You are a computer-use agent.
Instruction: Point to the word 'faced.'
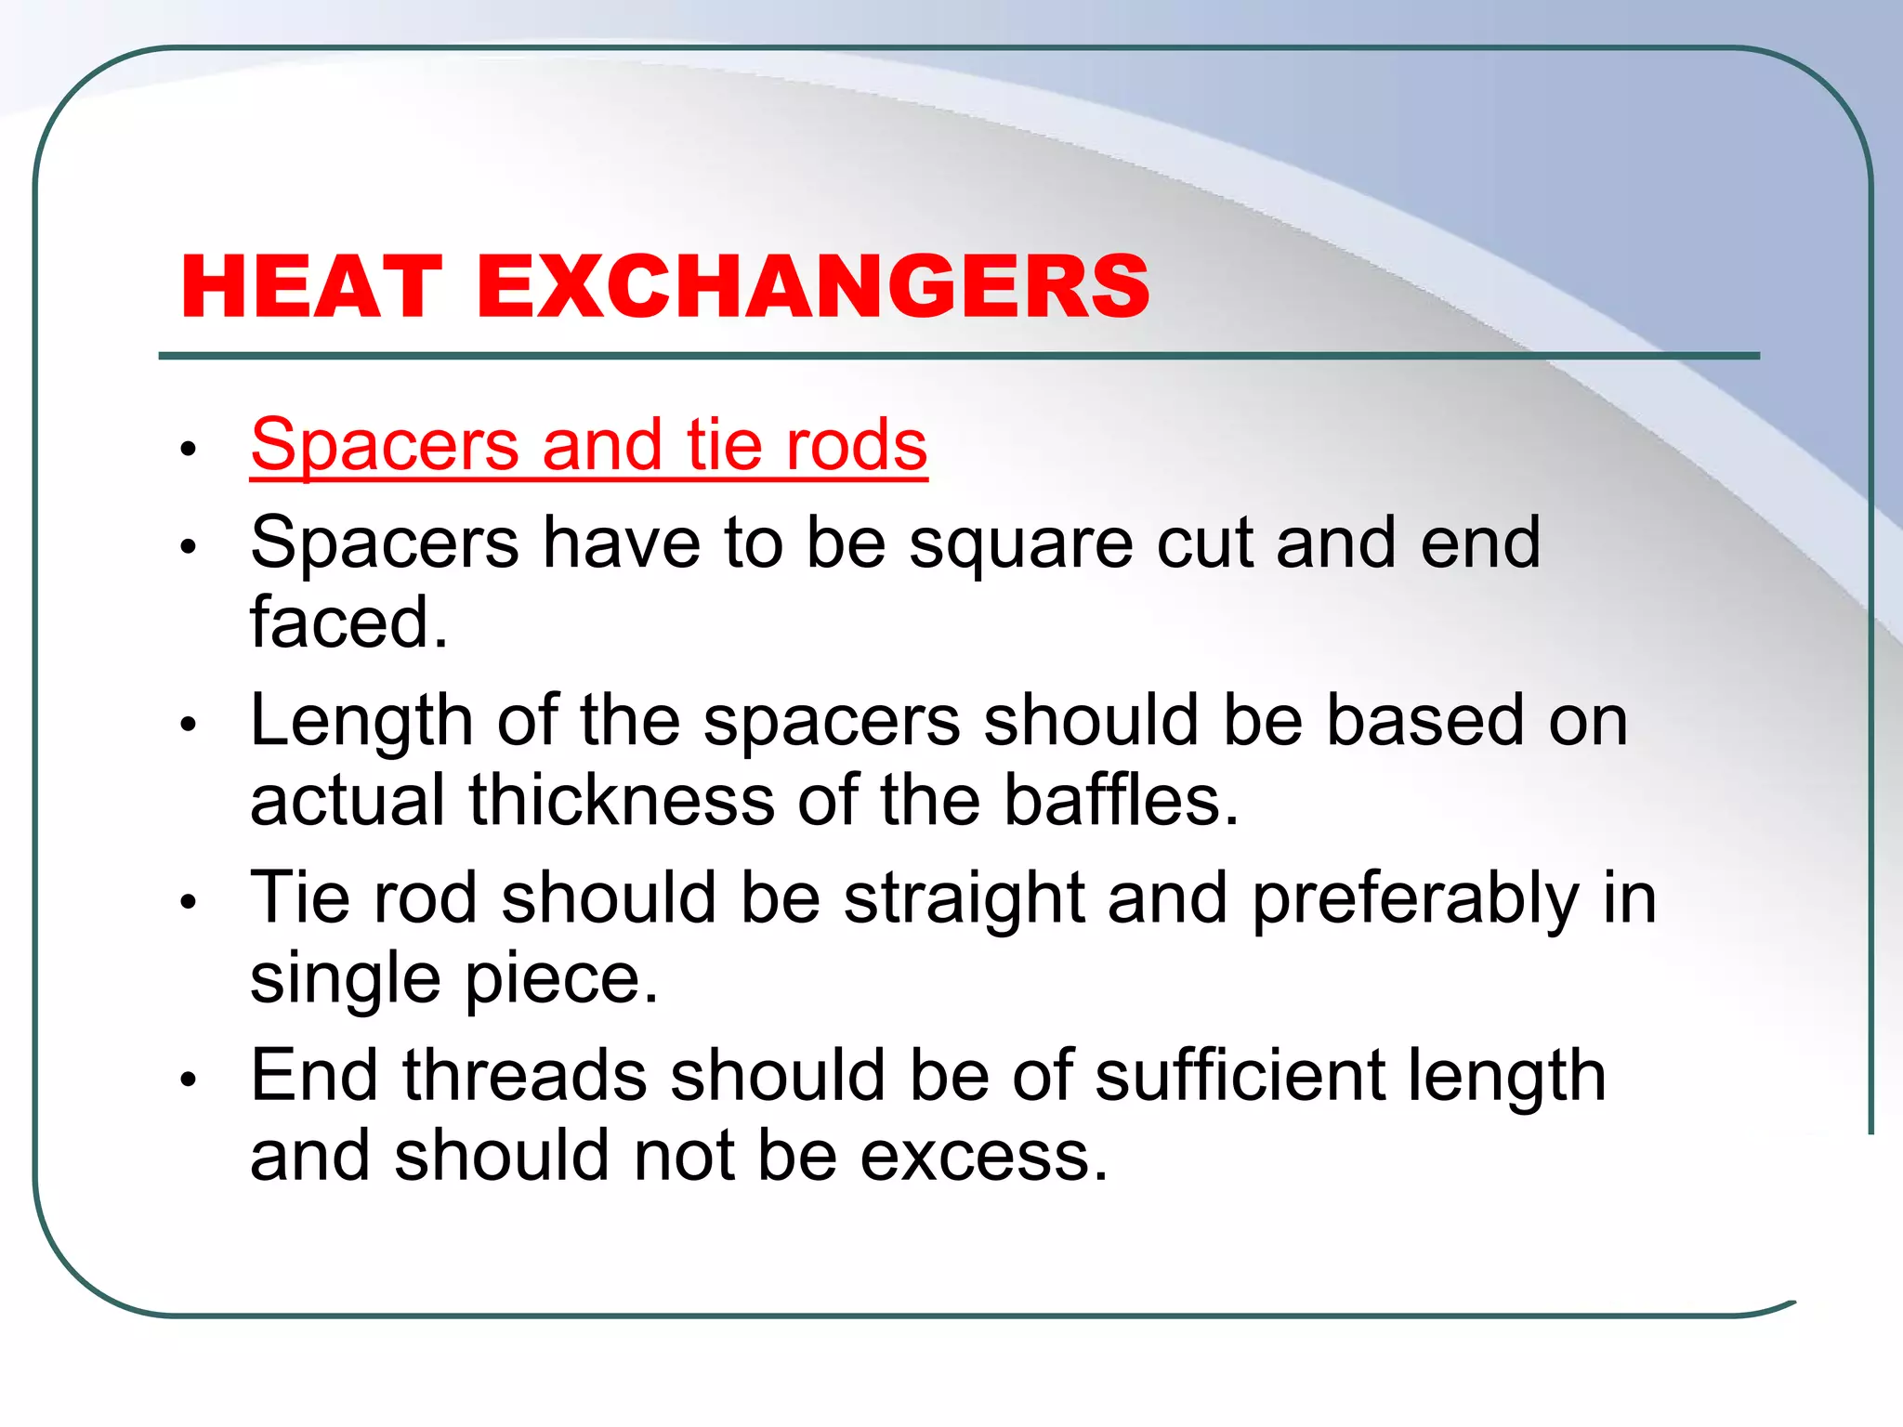point(348,622)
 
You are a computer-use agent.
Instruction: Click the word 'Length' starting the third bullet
point(361,723)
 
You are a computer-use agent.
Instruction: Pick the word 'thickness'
point(621,801)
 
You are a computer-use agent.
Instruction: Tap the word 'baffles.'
point(1122,801)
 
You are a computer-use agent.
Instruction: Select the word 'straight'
point(964,900)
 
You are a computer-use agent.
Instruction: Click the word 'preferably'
point(1414,900)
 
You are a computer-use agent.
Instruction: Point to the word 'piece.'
point(561,978)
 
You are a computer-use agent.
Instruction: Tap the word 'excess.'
point(984,1157)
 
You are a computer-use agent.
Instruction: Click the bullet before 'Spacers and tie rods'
point(189,450)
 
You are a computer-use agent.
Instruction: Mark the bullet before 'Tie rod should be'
point(189,901)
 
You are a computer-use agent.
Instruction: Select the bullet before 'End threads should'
point(189,1079)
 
